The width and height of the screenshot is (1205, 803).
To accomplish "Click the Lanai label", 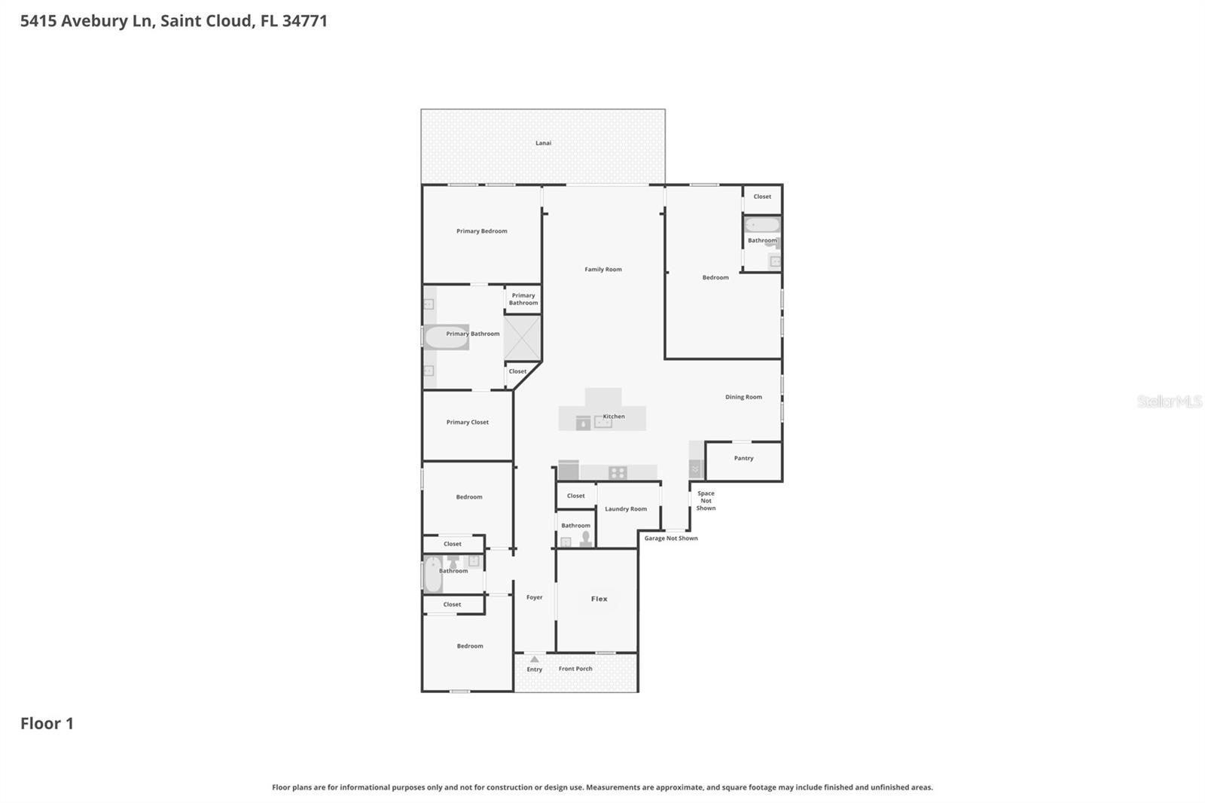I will click(543, 143).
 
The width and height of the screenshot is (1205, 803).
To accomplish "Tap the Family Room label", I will click(603, 270).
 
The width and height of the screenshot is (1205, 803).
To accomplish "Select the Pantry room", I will click(743, 459).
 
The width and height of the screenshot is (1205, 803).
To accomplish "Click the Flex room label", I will click(599, 600).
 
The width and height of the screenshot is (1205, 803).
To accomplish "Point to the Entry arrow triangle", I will click(535, 659).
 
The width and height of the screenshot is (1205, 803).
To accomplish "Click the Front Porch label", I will click(575, 669).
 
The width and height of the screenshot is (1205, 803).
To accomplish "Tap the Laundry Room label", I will click(626, 509).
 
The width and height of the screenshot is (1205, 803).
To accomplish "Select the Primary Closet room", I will click(468, 423).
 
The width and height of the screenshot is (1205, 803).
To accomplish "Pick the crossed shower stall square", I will click(522, 338).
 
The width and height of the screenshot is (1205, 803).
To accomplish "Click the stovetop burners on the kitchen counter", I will click(618, 473).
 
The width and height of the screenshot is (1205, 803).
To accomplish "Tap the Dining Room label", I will click(743, 397).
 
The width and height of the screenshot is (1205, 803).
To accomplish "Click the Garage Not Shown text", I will click(671, 539).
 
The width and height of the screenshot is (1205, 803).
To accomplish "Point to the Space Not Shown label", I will click(706, 501).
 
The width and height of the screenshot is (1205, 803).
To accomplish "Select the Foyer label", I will click(535, 597).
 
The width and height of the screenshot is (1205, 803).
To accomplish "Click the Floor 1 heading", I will click(47, 724).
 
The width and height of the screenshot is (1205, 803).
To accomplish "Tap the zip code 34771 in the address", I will click(305, 21).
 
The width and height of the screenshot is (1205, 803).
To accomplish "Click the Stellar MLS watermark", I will click(1169, 401).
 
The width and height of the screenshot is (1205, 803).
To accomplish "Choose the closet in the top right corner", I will click(762, 197).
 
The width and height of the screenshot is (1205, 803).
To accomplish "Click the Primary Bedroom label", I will click(482, 231).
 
